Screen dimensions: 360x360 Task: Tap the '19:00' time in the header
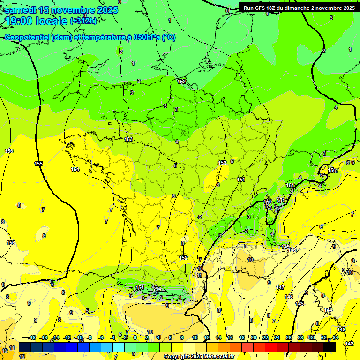tap(20, 21)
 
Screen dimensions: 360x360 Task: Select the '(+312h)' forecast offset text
tap(83, 21)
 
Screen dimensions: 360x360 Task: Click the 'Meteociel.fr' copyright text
tap(216, 357)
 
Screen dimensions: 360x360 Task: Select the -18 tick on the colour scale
tap(32, 337)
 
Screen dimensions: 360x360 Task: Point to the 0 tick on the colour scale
tap(135, 337)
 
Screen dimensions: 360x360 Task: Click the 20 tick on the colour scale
tap(254, 337)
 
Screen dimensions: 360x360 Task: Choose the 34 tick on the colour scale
tap(335, 337)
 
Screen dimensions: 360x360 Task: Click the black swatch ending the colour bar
tap(330, 347)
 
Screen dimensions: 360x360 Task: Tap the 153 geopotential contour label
tap(129, 140)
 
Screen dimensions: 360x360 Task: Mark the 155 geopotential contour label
tap(39, 164)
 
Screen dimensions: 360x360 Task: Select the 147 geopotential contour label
tap(280, 287)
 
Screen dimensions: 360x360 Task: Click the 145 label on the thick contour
tap(300, 304)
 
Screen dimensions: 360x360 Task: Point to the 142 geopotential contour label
tap(349, 344)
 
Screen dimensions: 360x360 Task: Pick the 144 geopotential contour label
tap(328, 310)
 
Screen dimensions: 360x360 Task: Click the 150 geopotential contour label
tap(268, 202)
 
